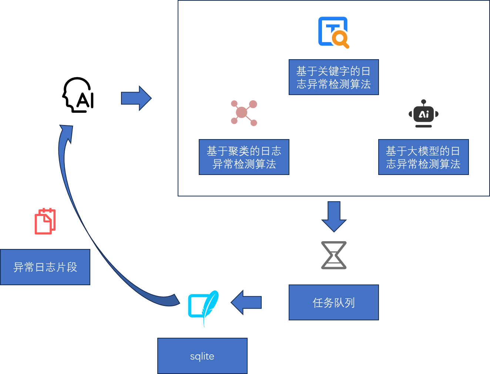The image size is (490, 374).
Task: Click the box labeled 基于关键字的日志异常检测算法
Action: pos(333,77)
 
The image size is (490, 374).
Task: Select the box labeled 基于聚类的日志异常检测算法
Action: pos(244,157)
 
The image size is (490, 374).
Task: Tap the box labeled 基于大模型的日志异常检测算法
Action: pos(423,157)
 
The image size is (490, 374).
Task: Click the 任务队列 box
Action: pos(333,302)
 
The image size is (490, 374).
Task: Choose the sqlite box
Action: pos(202,356)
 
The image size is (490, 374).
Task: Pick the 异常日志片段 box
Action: pos(45,267)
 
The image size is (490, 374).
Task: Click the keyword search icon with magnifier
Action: pos(333,32)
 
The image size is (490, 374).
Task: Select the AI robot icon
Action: pos(423,114)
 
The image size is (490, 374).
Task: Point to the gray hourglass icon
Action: pos(334,255)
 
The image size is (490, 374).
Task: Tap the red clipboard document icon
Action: pos(45,221)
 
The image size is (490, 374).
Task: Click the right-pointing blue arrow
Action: pos(136,98)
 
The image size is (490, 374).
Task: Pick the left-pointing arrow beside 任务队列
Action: pos(246,302)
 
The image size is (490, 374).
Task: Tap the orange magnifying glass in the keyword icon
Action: pos(340,38)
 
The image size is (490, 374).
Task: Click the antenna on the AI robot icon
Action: pos(423,102)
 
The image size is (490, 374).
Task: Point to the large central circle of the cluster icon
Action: pos(241,112)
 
